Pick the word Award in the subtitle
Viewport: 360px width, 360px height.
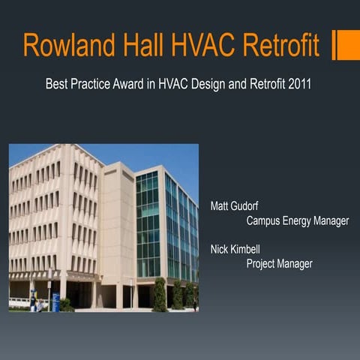coord(131,85)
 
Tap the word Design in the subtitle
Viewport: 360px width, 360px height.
coord(203,85)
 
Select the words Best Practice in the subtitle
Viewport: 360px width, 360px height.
coord(78,85)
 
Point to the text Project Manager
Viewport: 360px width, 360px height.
coord(279,263)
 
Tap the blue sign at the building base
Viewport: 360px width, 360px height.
coord(55,301)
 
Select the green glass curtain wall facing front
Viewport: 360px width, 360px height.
coord(148,225)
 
